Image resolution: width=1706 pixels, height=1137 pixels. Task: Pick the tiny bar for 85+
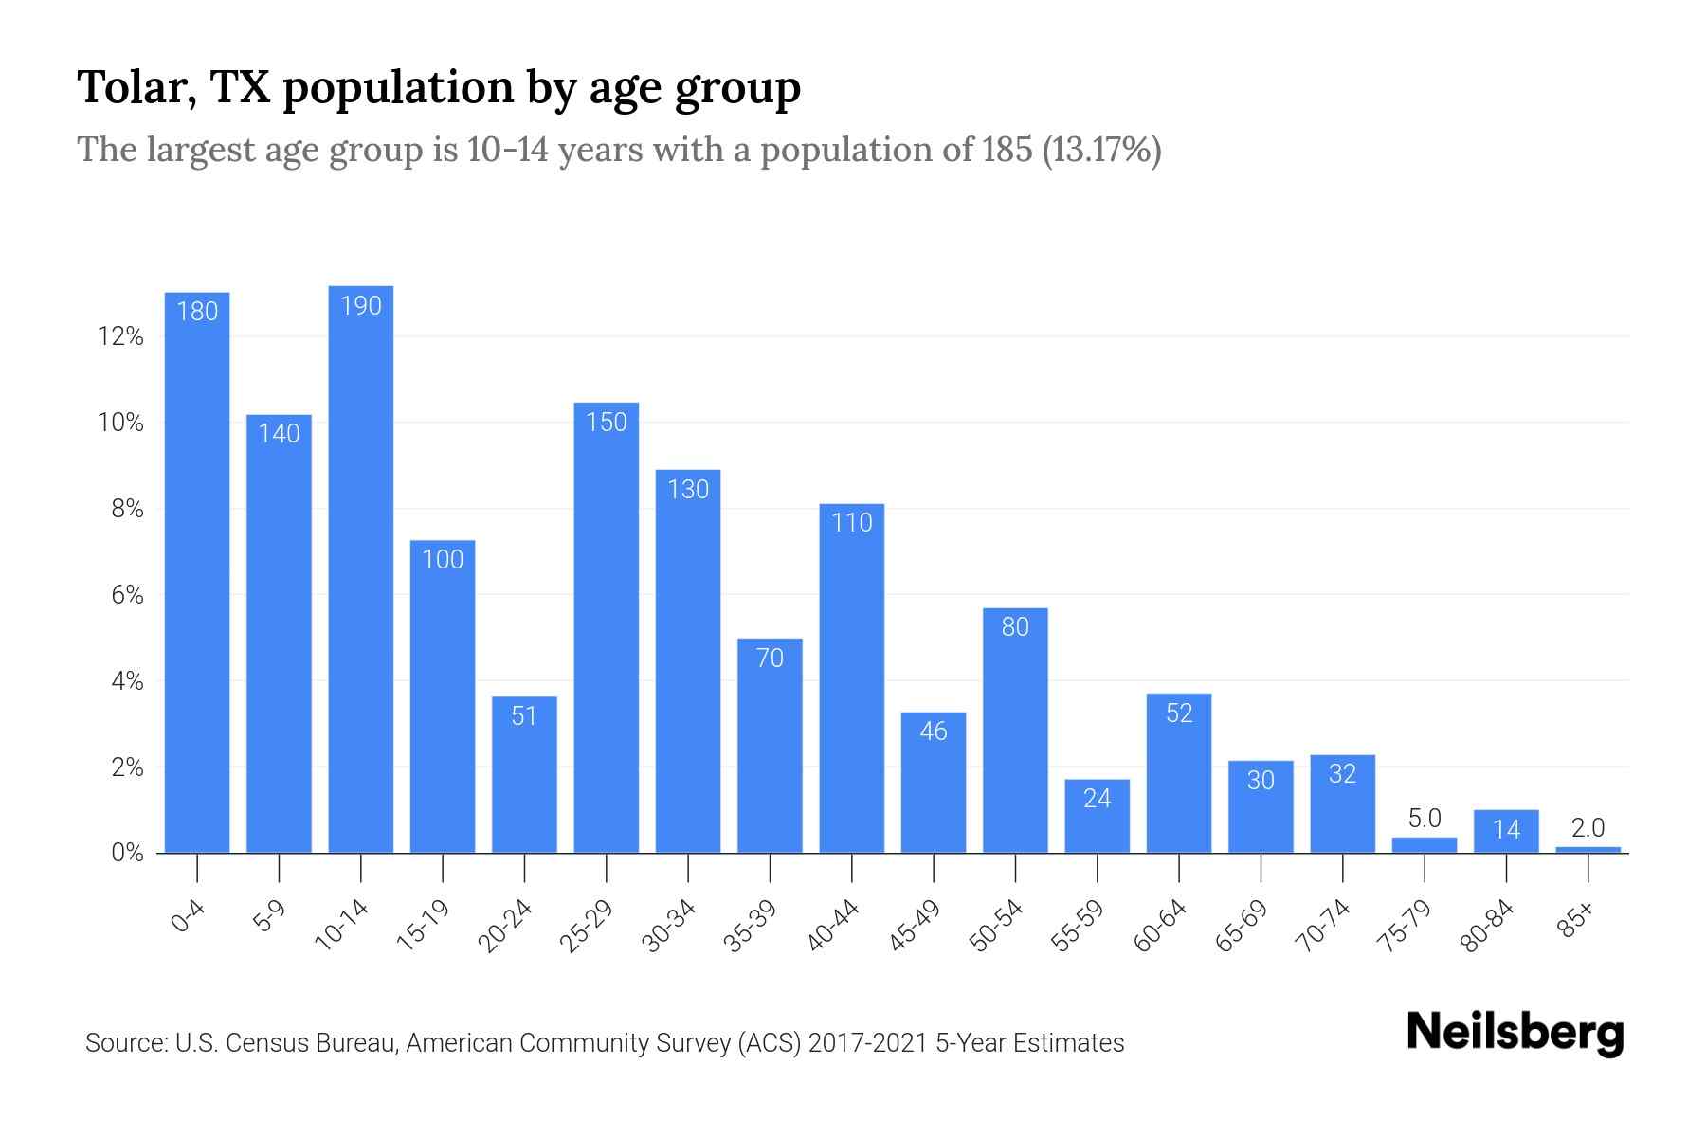(1588, 850)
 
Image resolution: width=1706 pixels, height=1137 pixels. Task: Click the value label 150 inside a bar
(606, 423)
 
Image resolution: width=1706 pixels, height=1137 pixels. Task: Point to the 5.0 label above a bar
(1425, 819)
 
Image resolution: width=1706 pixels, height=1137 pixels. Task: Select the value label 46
(934, 731)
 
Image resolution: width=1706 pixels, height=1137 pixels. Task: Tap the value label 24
(1097, 799)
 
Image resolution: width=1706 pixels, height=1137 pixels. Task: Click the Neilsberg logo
(1515, 1033)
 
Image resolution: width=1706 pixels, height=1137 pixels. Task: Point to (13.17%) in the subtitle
(1101, 151)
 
